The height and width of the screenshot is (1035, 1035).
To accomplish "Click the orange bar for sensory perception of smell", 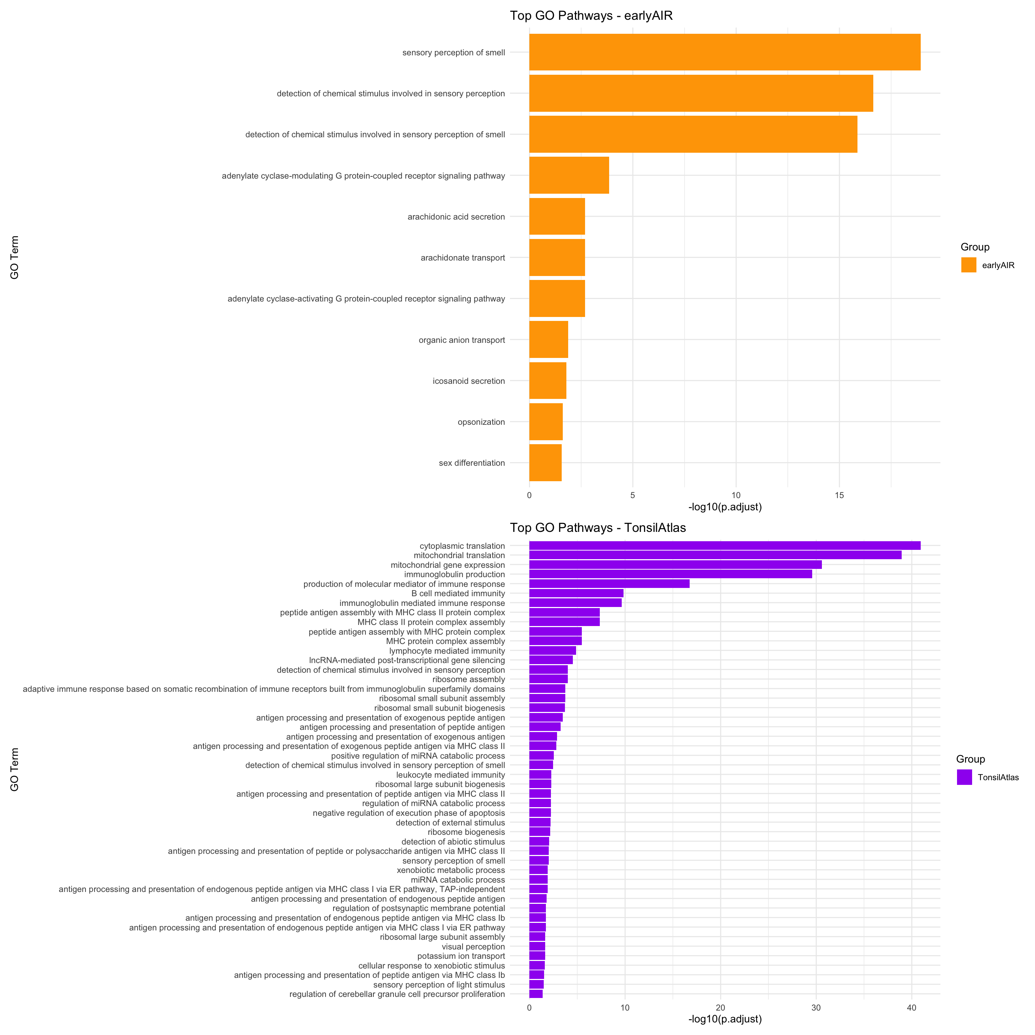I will [x=724, y=52].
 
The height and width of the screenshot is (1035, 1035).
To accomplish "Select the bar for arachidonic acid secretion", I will [x=557, y=216].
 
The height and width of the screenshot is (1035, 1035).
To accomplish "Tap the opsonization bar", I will [x=546, y=422].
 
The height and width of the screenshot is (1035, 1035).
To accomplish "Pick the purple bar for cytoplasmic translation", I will [x=724, y=546].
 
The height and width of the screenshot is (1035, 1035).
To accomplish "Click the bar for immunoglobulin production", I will [x=670, y=574].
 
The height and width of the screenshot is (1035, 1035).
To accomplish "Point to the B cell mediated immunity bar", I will [x=576, y=593].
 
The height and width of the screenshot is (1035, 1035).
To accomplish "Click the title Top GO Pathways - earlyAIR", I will [x=591, y=15].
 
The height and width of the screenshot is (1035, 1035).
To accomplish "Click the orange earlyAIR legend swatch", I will [x=969, y=264].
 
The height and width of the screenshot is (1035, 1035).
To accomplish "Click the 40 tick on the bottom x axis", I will [x=912, y=1008].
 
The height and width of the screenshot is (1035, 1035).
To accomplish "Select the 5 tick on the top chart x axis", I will [x=632, y=496].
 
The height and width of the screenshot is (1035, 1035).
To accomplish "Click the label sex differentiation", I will [x=471, y=463].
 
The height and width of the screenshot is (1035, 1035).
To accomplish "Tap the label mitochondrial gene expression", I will [x=447, y=565].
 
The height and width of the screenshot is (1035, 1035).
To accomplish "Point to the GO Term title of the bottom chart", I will [x=14, y=769].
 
